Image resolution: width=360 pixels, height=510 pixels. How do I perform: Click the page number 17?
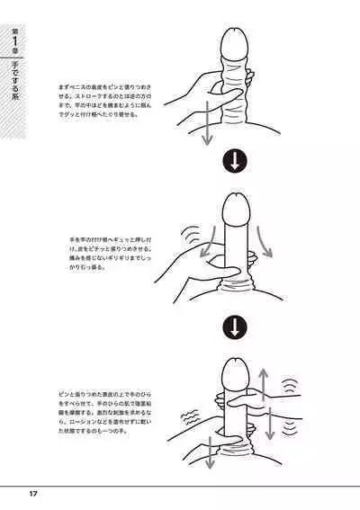pos(32,493)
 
